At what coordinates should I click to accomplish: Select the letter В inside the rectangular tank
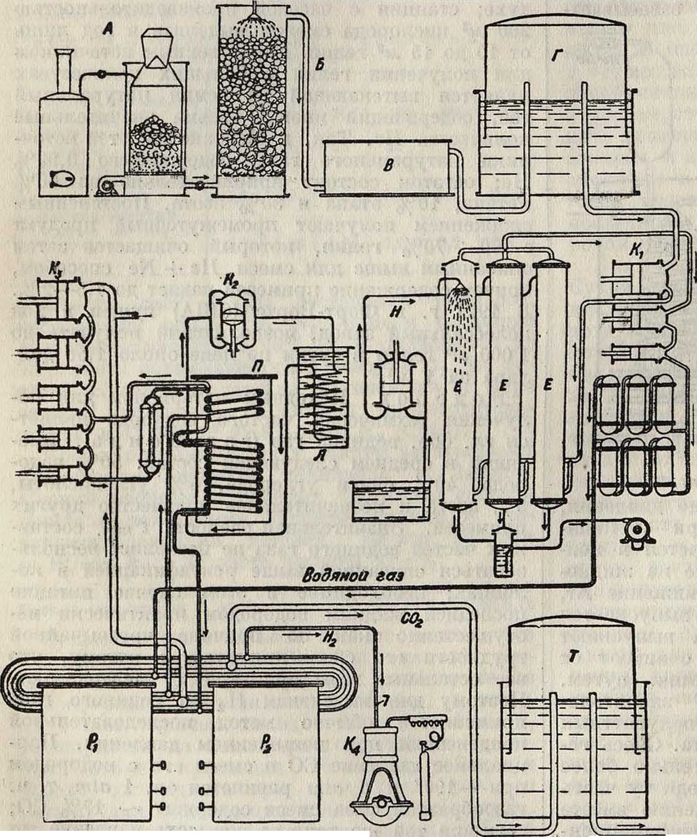pyautogui.click(x=388, y=166)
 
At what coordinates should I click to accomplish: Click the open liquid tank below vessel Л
pyautogui.click(x=389, y=502)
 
